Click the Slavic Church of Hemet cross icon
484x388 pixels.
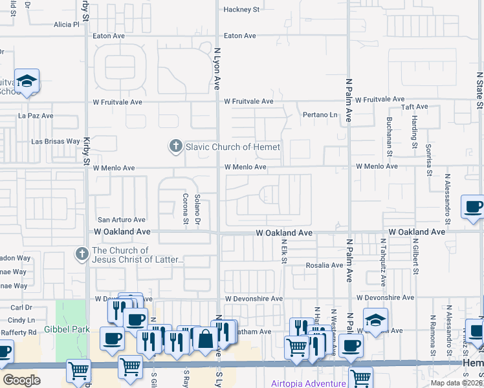coord(175,147)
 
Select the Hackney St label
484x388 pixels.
coord(241,10)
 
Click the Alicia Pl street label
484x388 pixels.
coord(66,25)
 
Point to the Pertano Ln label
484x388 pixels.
coord(321,114)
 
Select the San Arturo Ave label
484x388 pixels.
coord(121,220)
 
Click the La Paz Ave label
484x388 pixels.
coord(36,116)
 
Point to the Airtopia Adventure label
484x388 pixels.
coord(308,383)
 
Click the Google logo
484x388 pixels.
coord(21,380)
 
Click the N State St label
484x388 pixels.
coord(479,90)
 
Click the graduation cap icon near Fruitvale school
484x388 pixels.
coord(27,81)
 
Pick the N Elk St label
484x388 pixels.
coord(283,250)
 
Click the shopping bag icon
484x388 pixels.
coord(205,339)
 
